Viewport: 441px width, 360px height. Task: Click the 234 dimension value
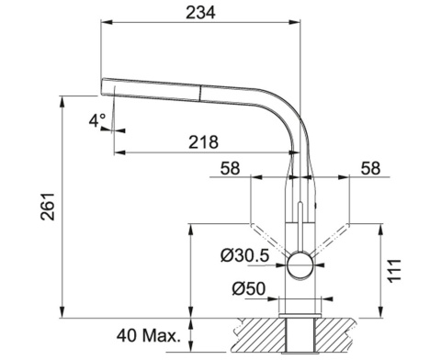(200, 13)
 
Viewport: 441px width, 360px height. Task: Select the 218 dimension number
(203, 142)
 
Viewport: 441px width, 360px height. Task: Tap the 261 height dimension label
(48, 207)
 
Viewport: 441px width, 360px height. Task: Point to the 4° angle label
(97, 120)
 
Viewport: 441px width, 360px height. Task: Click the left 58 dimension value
(231, 168)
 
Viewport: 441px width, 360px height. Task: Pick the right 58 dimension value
(370, 168)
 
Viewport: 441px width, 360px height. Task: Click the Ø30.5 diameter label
(244, 255)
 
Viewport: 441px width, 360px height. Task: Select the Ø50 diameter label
(248, 288)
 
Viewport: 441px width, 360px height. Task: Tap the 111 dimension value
(394, 271)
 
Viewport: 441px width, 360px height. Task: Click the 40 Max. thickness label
(149, 336)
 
